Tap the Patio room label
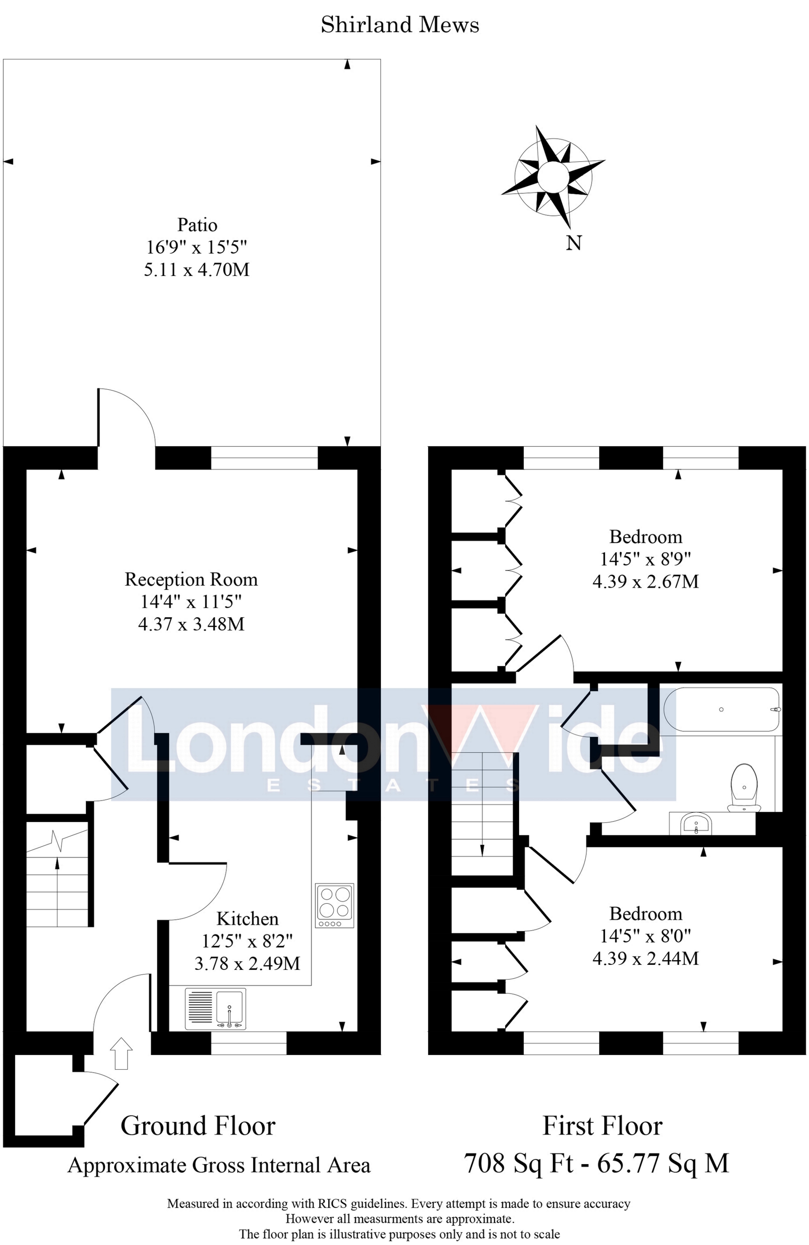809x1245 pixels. coord(197,225)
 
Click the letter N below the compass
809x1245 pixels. coord(573,243)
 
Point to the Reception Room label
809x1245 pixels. coord(191,580)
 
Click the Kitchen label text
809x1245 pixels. coord(247,918)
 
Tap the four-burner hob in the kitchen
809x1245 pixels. coord(335,905)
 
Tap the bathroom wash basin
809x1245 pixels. coord(696,825)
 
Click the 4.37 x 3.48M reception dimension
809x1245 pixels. coord(191,624)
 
